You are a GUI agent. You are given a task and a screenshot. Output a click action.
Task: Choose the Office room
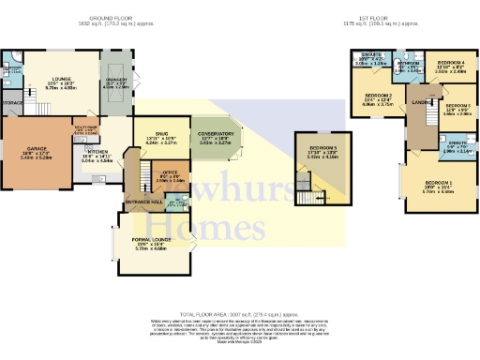click(170, 172)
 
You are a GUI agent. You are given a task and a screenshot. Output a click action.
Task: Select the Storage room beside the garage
click(12, 101)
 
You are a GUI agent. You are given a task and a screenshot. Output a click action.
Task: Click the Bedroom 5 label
click(323, 148)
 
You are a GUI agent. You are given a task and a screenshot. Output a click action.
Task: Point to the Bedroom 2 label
click(378, 96)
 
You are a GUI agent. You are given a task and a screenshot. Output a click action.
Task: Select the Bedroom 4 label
click(451, 62)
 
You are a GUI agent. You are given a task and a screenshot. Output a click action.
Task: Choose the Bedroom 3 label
click(457, 106)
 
